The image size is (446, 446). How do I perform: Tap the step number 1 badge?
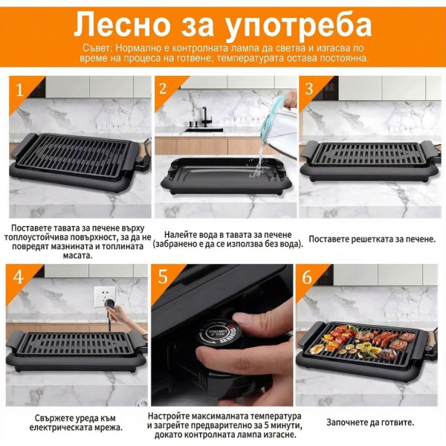click(20, 90)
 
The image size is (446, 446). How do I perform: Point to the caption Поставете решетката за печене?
click(369, 239)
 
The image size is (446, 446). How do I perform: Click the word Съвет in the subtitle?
click(97, 48)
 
